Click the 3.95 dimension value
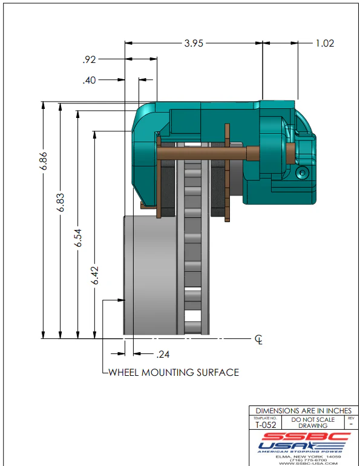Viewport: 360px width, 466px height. click(194, 43)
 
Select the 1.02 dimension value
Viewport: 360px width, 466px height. click(325, 43)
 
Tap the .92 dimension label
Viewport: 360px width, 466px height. click(89, 59)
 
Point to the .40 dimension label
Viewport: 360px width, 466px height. click(89, 79)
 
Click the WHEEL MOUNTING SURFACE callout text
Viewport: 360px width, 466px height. click(174, 372)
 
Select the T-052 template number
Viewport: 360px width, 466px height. click(264, 425)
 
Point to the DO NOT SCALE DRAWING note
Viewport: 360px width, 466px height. click(313, 422)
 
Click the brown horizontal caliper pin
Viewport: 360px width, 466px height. click(206, 154)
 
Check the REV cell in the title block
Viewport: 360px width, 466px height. click(351, 422)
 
